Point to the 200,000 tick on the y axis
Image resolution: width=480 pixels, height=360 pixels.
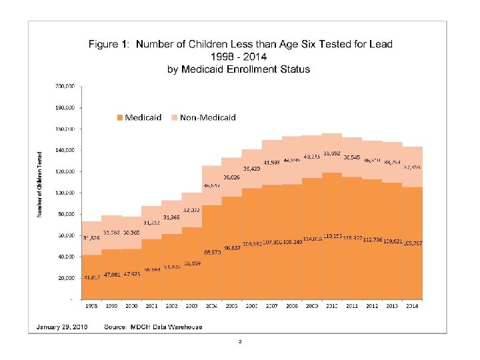[64, 86]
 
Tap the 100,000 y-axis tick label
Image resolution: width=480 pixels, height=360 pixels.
[64, 193]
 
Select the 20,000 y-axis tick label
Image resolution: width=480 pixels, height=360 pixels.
[65, 278]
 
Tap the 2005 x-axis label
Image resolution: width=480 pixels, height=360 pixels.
[231, 307]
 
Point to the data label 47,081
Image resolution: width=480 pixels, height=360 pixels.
[111, 274]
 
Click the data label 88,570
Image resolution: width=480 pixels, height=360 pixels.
[212, 252]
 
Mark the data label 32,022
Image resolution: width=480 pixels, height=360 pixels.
[192, 210]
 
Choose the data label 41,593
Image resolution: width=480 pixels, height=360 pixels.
[271, 162]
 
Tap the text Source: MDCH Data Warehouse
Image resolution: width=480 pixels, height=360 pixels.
[153, 327]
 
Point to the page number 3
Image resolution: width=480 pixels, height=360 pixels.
[239, 342]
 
